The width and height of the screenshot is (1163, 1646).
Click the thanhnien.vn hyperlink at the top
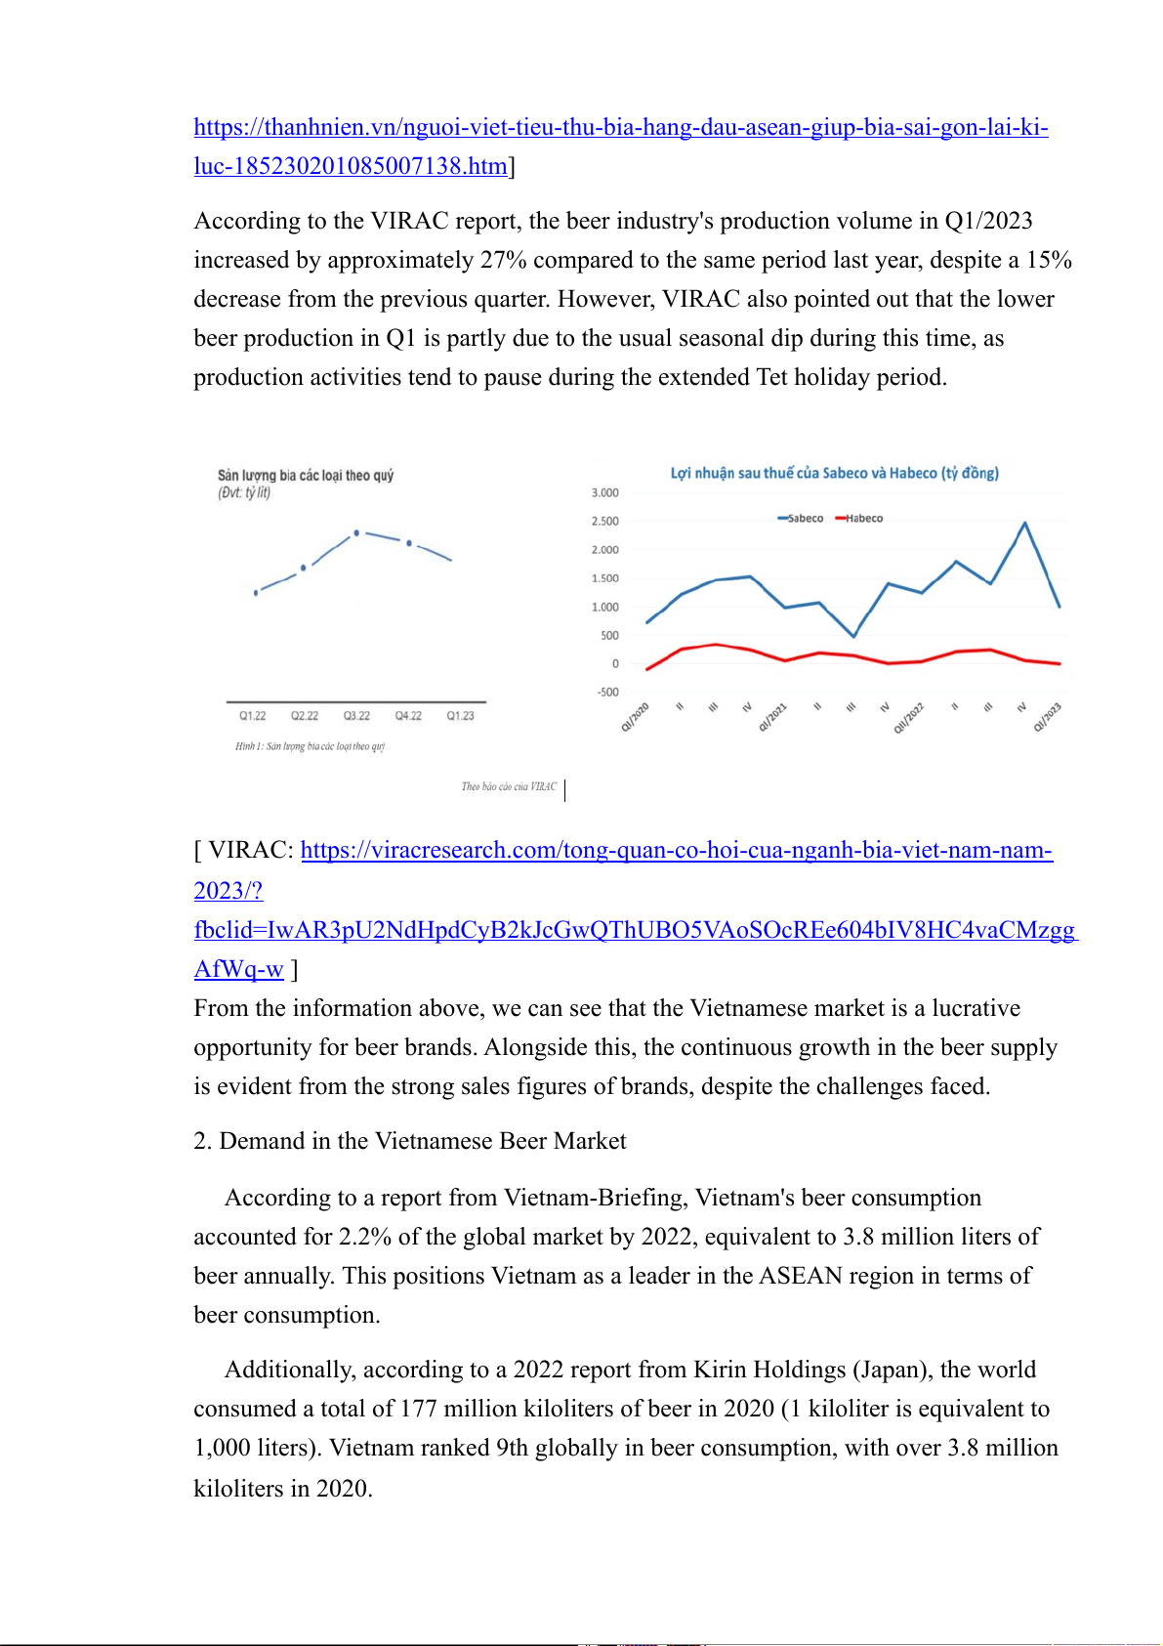click(x=620, y=127)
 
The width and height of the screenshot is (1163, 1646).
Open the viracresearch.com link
click(x=676, y=850)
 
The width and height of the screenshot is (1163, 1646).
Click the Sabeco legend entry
click(x=801, y=519)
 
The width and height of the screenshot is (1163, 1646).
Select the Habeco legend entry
click(x=859, y=519)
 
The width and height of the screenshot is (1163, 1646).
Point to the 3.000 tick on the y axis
click(x=604, y=493)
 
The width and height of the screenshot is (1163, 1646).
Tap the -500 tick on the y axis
click(x=607, y=693)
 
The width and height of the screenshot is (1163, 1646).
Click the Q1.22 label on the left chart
click(x=253, y=716)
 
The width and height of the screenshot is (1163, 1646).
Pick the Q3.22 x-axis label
click(x=356, y=716)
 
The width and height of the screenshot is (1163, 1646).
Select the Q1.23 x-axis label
click(x=460, y=716)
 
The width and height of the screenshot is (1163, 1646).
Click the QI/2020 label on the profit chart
click(x=636, y=717)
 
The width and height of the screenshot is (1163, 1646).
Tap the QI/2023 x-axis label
click(x=1048, y=717)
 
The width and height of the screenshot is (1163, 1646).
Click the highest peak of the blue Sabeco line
click(x=1024, y=524)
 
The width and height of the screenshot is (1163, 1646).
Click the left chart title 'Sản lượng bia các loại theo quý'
click(x=305, y=476)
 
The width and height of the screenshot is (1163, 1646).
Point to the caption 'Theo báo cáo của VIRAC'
click(x=509, y=786)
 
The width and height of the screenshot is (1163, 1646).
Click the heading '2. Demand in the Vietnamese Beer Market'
click(x=410, y=1141)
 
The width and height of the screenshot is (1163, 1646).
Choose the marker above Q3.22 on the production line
click(x=356, y=533)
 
